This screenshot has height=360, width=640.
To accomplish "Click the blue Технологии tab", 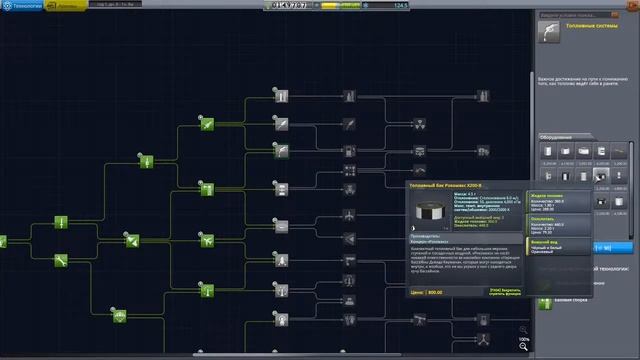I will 21,5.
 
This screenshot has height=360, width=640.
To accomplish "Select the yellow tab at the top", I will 66,5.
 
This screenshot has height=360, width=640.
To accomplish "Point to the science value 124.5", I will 400,6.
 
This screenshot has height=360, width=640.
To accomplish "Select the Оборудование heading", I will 556,137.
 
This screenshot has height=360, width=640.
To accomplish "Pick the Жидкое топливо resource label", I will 546,194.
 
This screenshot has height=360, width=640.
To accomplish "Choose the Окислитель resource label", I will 543,218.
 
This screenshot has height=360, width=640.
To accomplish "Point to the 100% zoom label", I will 524,340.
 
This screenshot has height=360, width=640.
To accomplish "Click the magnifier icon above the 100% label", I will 523,329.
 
